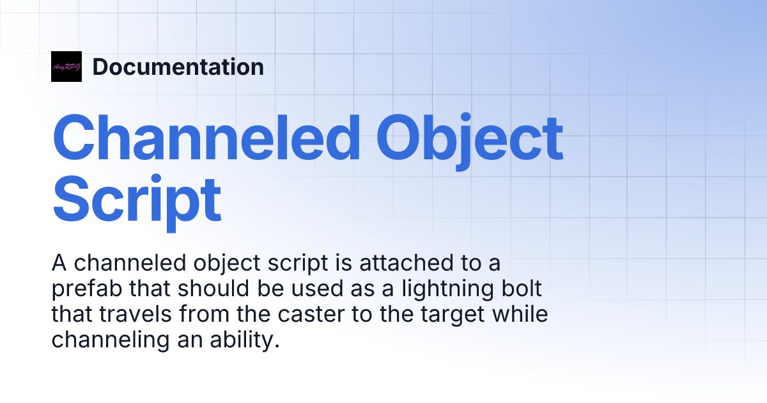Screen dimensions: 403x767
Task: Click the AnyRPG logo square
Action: point(66,67)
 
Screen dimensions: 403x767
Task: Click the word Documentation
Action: point(178,67)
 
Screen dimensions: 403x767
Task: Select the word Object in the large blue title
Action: point(470,138)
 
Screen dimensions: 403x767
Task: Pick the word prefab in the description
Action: point(87,288)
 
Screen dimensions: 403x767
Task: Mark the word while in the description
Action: point(517,315)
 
